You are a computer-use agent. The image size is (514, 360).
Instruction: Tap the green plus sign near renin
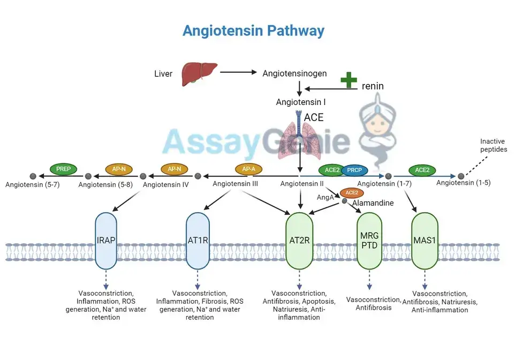pos(349,80)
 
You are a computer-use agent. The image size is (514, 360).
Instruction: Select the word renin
pos(373,86)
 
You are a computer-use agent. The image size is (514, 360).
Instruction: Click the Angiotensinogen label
pos(294,73)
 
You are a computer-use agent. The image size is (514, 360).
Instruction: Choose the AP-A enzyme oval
pos(249,169)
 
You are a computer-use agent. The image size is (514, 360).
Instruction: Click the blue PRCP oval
pos(354,170)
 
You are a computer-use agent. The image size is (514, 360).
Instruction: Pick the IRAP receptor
pos(105,240)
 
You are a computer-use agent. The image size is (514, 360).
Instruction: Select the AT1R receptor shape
pos(198,240)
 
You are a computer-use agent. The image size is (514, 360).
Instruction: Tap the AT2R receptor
pos(299,240)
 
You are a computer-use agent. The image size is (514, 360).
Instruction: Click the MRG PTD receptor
pos(368,240)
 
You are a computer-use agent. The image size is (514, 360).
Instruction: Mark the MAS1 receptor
pos(425,240)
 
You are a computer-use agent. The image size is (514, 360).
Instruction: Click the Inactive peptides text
pos(493,145)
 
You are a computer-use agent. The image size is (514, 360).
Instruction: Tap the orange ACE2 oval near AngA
pos(352,193)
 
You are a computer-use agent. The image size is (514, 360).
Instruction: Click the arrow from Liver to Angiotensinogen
pos(238,72)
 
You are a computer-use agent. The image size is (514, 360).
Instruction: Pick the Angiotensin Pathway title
pos(253,31)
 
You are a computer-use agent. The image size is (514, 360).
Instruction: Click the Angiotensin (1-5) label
pos(463,183)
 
